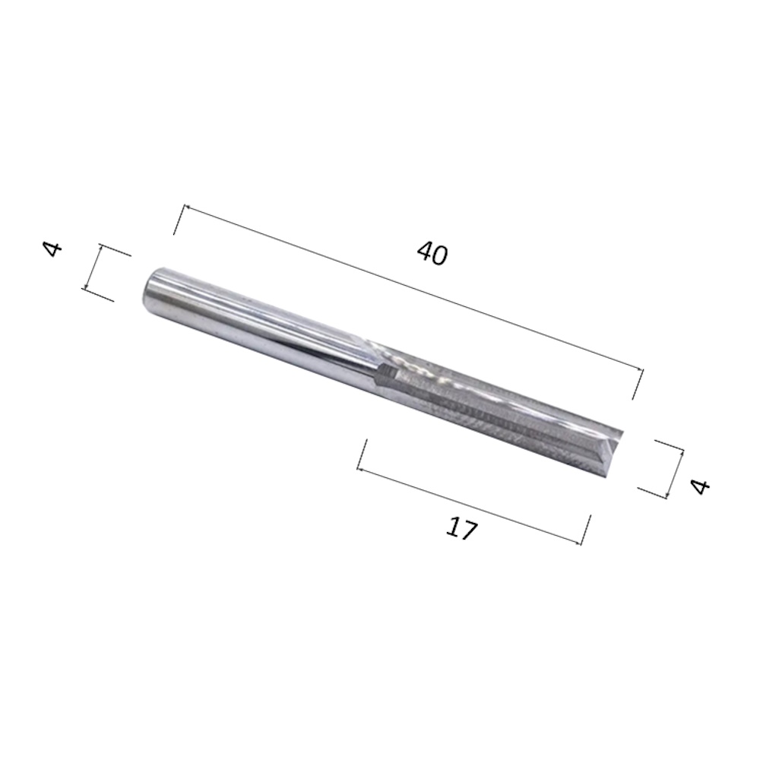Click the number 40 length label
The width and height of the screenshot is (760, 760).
coord(432,254)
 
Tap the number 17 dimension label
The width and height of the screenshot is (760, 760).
coord(461,528)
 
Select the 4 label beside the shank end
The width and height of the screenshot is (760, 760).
coord(53,249)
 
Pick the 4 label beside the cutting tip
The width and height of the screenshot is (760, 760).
coord(701,486)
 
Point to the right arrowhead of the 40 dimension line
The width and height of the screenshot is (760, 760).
coord(640,371)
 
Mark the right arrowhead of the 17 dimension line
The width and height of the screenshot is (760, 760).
coord(578,543)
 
